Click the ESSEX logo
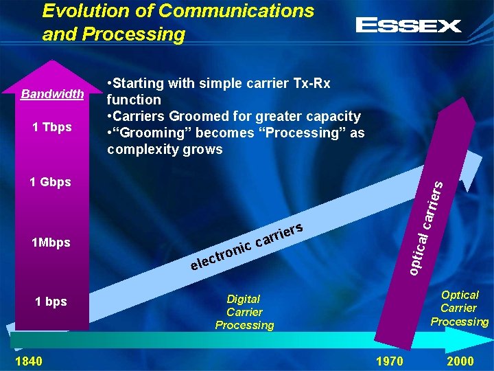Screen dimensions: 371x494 click(x=408, y=26)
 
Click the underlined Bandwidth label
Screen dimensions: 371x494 click(x=52, y=94)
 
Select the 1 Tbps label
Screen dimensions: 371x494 click(x=52, y=127)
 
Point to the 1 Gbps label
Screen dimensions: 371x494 click(x=50, y=182)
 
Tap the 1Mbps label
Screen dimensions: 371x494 click(x=51, y=243)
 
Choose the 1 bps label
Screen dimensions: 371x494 click(x=51, y=301)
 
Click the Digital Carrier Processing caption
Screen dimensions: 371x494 click(x=244, y=312)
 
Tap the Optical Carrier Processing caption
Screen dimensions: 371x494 click(x=459, y=308)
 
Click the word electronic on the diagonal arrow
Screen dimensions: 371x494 click(x=220, y=255)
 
